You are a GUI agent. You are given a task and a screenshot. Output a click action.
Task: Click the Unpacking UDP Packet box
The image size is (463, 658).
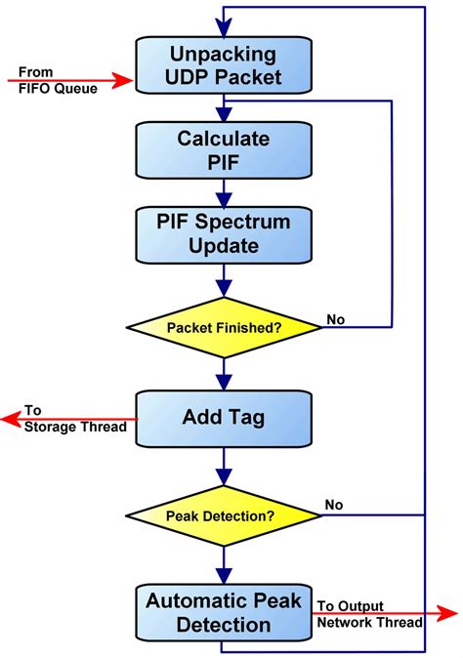[225, 64]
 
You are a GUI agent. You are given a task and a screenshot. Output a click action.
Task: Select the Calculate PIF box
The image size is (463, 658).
[225, 151]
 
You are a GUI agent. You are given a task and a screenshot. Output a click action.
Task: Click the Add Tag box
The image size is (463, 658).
[225, 419]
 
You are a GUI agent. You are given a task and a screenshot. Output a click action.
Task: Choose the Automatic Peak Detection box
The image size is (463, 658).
[225, 611]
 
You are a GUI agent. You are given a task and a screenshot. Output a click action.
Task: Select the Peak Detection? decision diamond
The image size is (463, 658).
[225, 514]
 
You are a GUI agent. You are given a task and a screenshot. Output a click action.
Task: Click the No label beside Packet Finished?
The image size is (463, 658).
[335, 319]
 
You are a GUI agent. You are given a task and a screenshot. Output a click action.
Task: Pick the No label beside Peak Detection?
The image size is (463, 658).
[335, 506]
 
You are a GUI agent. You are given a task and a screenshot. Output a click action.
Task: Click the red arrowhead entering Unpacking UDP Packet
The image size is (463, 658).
[124, 80]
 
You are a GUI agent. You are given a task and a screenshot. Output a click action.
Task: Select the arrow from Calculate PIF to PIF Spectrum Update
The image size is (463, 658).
[225, 194]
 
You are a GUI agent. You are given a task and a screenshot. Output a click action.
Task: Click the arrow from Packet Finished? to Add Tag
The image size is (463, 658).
[225, 372]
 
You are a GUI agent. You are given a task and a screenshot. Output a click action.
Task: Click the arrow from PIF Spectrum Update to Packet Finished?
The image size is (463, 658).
[225, 282]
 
